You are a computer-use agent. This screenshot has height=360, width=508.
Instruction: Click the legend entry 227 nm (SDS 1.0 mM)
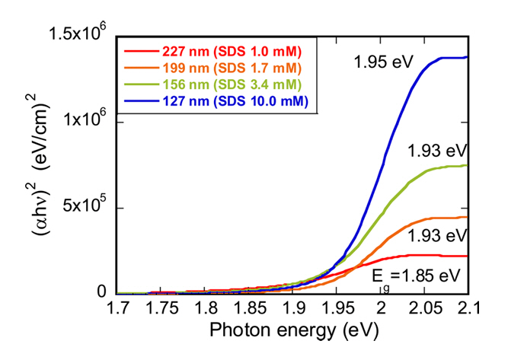(x=232, y=52)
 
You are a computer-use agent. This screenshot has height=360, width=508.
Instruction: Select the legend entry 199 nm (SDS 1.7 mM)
(x=232, y=68)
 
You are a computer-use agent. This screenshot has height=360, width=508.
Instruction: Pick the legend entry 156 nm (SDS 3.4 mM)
(x=232, y=84)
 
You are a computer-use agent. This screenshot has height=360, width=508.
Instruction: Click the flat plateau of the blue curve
(x=449, y=58)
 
